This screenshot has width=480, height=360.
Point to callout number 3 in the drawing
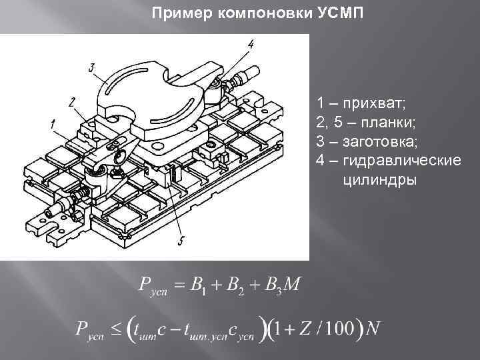point(91,67)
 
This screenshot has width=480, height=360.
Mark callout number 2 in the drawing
point(71,102)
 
